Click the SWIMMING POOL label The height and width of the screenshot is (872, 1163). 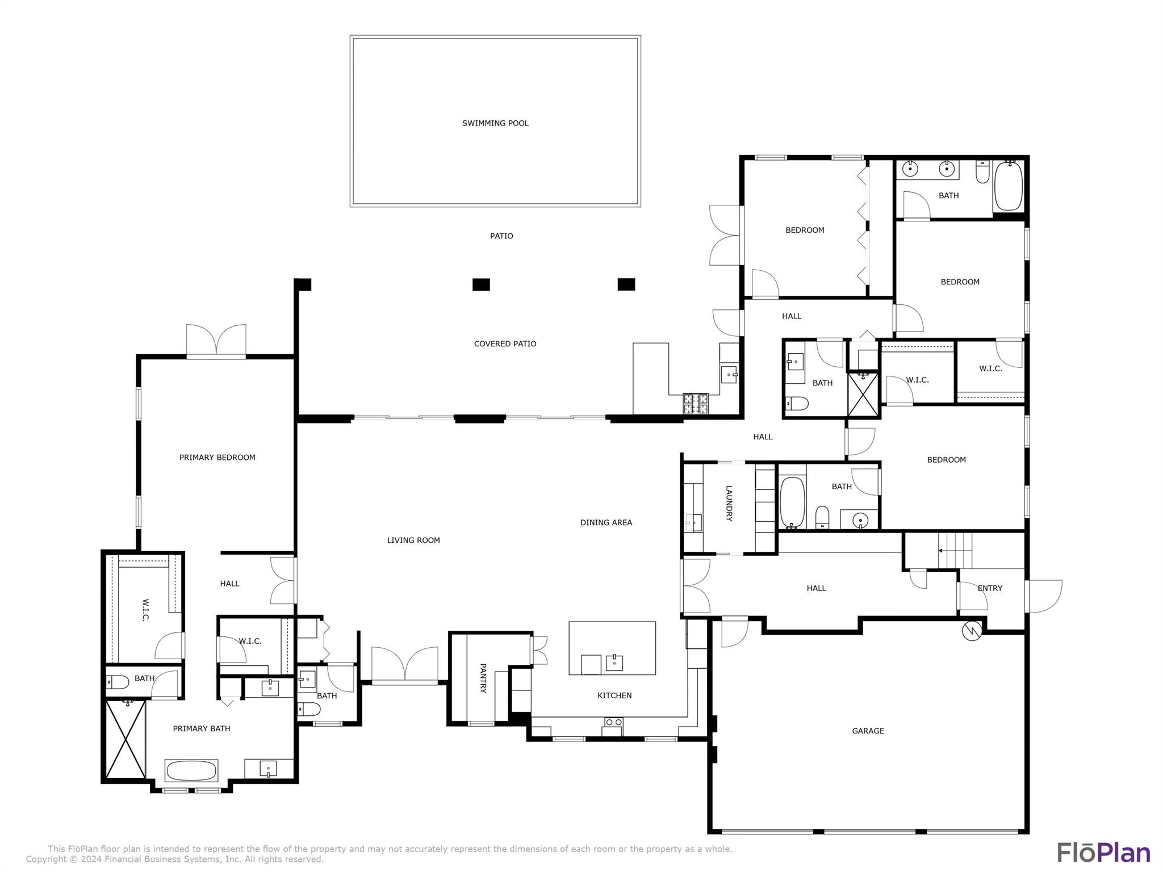(x=495, y=123)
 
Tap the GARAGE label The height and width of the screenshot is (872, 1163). (x=868, y=731)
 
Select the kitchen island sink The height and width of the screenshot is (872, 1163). (x=614, y=662)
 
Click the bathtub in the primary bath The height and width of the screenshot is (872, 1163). (x=191, y=770)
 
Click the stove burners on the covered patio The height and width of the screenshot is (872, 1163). (x=696, y=403)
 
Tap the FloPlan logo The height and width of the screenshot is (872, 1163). (x=1103, y=853)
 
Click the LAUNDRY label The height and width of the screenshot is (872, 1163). (x=729, y=503)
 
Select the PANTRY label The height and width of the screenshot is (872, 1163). (x=483, y=678)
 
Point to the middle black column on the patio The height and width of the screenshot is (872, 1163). (x=481, y=284)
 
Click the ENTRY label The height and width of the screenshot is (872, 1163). (x=990, y=588)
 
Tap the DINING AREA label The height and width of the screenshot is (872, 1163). (x=606, y=522)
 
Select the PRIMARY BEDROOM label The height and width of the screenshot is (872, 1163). (x=217, y=457)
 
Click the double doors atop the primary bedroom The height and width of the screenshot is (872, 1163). (x=216, y=341)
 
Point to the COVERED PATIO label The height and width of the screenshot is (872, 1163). (x=505, y=343)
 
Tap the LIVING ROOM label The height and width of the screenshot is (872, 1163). (x=413, y=540)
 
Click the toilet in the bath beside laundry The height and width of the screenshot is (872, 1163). (x=822, y=517)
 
